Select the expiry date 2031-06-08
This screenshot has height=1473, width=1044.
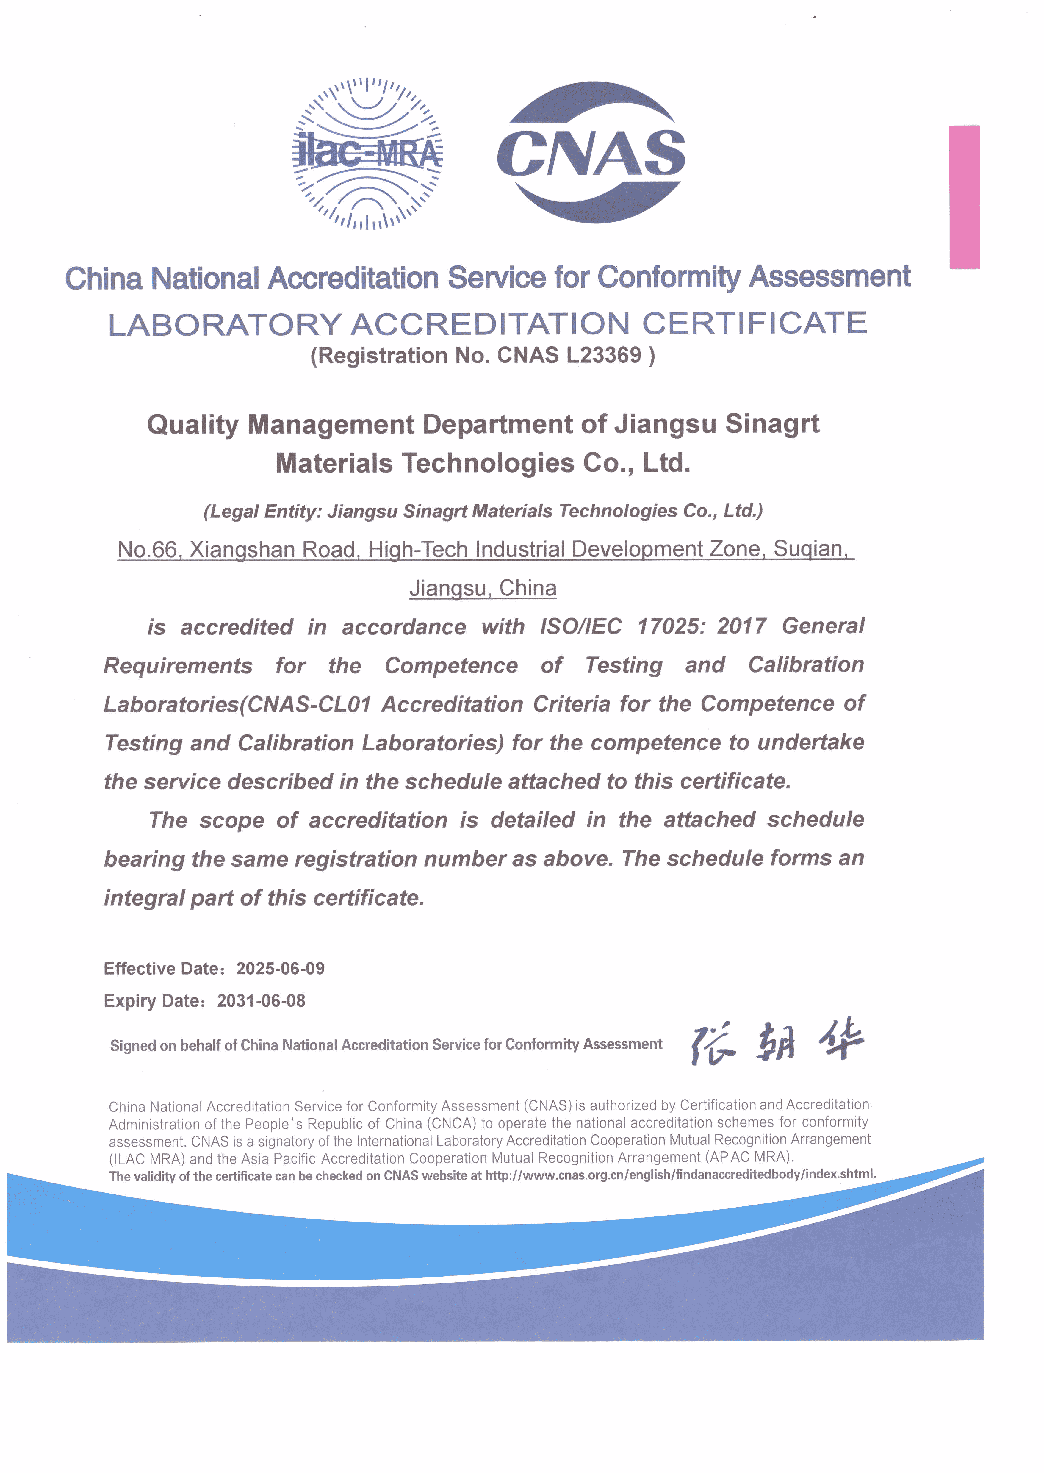[261, 1001]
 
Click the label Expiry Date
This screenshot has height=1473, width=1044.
[153, 1001]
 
